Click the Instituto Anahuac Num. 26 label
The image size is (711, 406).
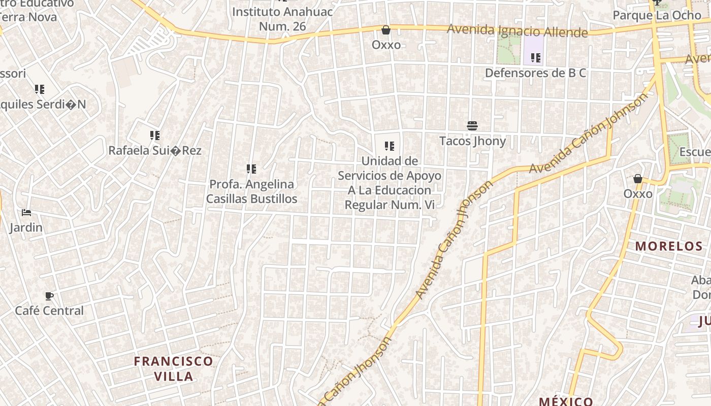282,19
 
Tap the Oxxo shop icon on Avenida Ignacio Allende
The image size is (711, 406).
386,30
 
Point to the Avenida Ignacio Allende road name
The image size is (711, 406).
517,31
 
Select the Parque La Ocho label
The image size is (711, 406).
657,15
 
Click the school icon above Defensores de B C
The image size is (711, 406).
535,58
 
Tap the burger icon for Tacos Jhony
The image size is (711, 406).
472,126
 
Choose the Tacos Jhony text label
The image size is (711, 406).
472,141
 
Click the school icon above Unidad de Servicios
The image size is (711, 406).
390,147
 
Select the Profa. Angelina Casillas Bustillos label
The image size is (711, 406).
252,191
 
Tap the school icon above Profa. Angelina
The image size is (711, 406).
251,168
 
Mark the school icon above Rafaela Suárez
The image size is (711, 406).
155,136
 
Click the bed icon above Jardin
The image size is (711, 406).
26,213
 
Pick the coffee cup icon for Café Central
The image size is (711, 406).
49,296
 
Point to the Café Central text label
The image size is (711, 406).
49,311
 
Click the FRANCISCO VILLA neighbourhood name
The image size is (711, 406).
173,368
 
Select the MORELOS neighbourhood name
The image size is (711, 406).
669,246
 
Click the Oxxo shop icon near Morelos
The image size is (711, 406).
638,179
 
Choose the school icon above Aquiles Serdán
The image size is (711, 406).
40,89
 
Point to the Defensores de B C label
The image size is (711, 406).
535,73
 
